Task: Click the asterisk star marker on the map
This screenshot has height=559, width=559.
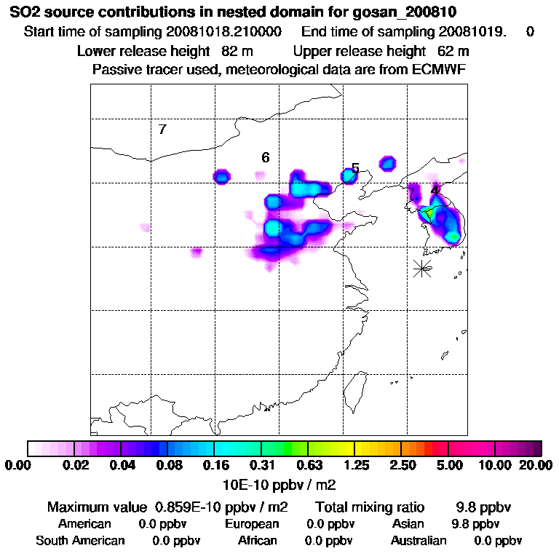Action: pos(422,268)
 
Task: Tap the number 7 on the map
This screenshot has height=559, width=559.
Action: pos(162,130)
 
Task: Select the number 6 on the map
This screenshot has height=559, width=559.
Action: pos(266,157)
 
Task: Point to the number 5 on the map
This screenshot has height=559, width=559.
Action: pos(355,169)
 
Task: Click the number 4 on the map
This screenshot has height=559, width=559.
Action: pos(435,191)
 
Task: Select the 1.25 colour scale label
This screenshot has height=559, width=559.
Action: pos(355,466)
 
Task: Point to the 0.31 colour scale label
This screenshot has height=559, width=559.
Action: pos(262,466)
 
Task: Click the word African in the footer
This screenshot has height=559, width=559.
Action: pos(258,541)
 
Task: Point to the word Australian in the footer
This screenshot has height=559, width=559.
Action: pos(419,541)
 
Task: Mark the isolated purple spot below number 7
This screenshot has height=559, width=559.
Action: pos(145,228)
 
